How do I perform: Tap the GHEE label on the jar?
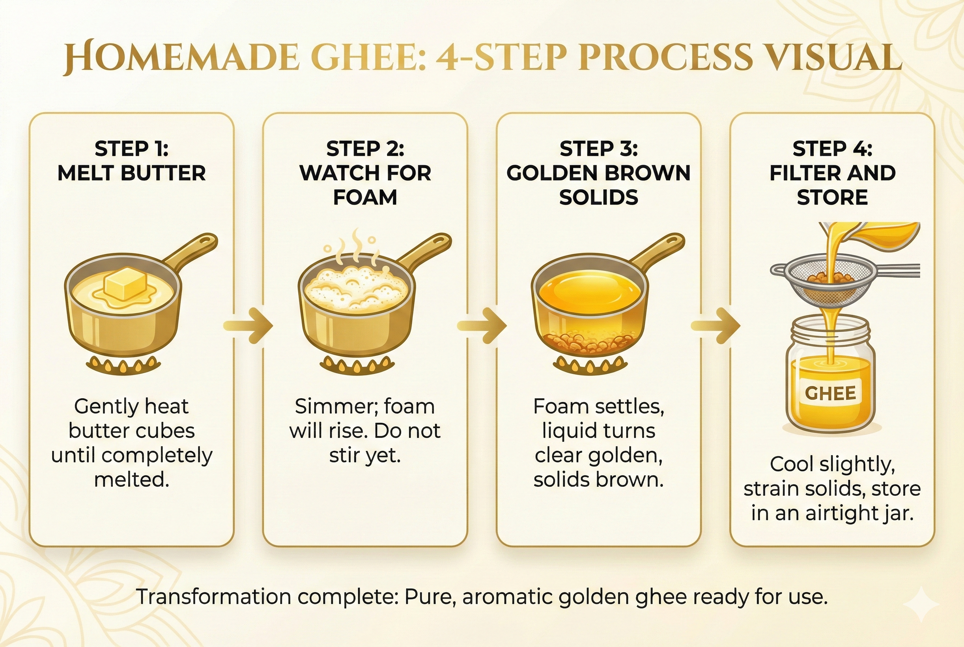[830, 393]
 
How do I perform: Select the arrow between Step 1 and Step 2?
[249, 325]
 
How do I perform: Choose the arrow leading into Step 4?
[716, 325]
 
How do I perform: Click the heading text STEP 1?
[132, 148]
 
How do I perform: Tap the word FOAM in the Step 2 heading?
[365, 197]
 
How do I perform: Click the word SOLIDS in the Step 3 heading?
[599, 197]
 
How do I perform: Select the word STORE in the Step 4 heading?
[832, 197]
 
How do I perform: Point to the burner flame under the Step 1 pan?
[123, 365]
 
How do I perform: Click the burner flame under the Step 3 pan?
[590, 365]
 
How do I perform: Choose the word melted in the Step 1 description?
[131, 480]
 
